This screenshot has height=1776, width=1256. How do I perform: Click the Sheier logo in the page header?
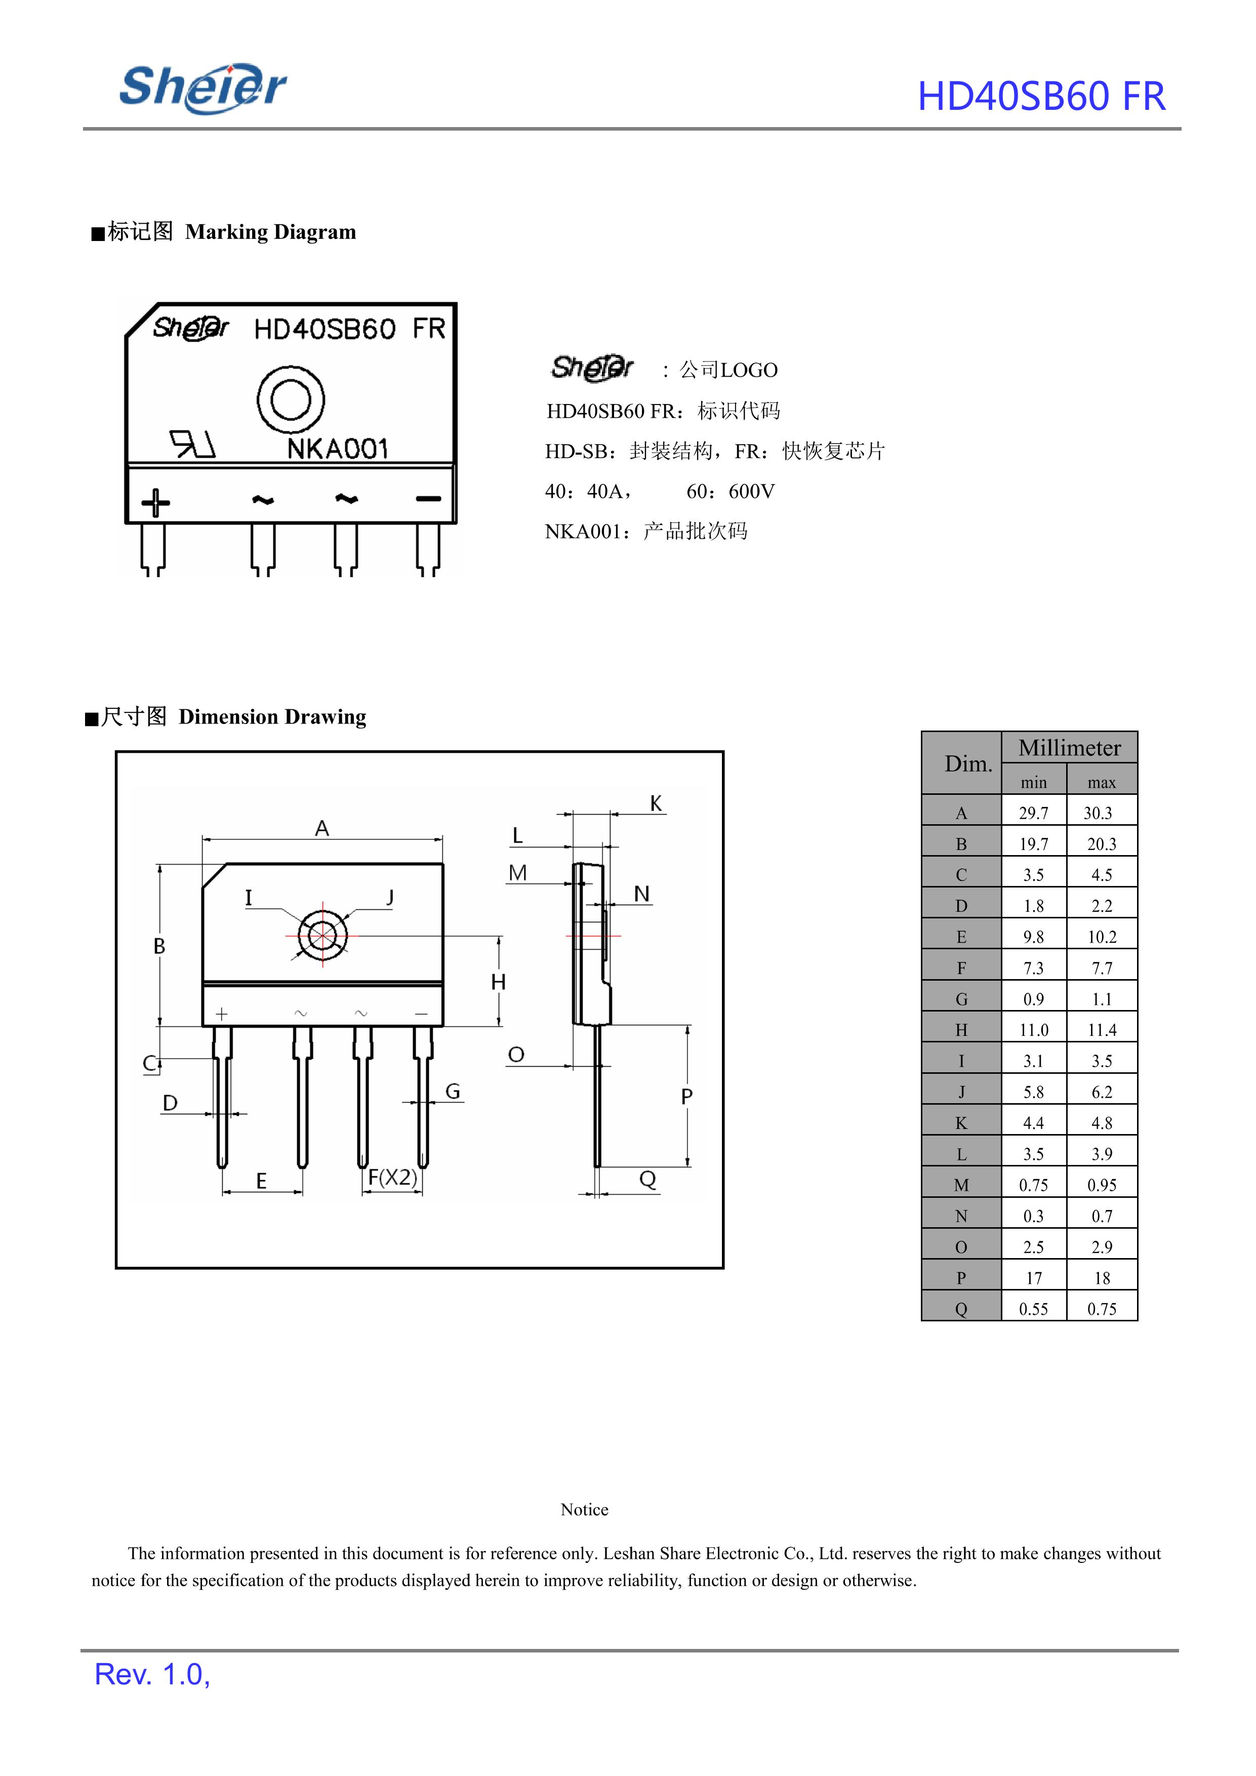point(202,88)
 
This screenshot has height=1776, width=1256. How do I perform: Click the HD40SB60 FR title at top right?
point(1041,97)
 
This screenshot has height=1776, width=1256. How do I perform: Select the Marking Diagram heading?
point(224,231)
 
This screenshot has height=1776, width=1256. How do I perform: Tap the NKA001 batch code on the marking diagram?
point(337,449)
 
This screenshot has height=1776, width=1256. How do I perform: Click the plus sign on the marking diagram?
point(155,503)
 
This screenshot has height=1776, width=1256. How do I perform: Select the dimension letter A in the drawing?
point(322,828)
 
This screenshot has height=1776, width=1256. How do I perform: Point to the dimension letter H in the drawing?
point(498,982)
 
